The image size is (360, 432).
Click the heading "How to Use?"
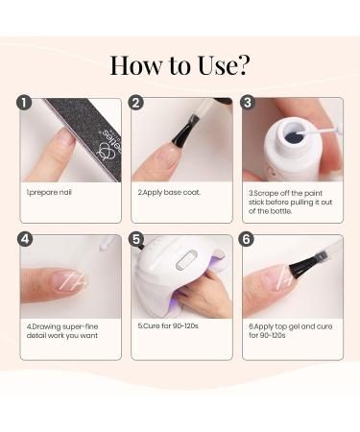tap(180, 65)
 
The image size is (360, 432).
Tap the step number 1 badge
tap(25, 103)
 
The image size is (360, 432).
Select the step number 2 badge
tap(136, 103)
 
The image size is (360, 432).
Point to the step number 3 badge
tap(248, 103)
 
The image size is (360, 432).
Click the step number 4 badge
tap(25, 239)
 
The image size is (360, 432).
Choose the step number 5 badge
tap(136, 239)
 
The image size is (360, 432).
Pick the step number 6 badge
tap(247, 239)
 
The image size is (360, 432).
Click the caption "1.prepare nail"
tap(49, 193)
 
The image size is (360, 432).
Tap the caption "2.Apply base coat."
tap(169, 193)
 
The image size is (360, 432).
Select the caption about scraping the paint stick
tap(291, 203)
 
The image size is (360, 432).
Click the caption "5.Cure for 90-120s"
tap(168, 325)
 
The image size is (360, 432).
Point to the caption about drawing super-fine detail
tap(62, 331)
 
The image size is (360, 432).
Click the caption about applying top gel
tap(291, 331)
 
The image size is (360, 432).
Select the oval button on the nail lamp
tap(186, 261)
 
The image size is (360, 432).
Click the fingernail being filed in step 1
tap(66, 141)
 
